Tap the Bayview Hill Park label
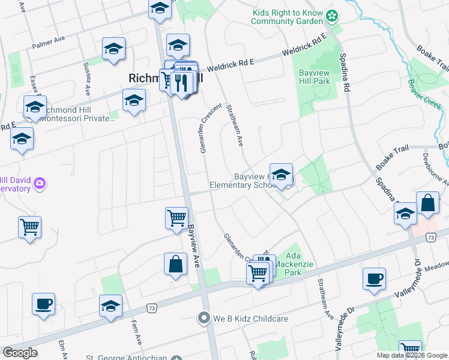(315, 76)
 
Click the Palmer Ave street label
(49, 44)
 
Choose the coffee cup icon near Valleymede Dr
(374, 278)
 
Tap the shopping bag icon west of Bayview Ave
(175, 264)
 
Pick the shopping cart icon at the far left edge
(29, 227)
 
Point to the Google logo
(20, 353)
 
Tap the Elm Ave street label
(61, 350)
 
